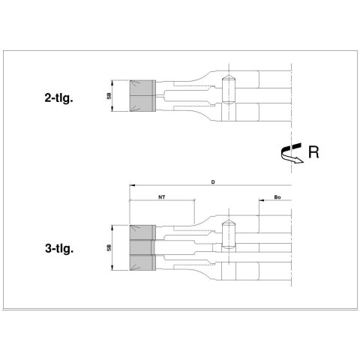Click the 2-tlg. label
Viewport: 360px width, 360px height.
click(59, 98)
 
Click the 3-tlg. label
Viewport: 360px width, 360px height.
click(59, 248)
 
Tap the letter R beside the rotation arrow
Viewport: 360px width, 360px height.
click(313, 152)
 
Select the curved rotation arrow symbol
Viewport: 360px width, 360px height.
click(291, 153)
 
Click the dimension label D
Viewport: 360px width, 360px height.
click(213, 182)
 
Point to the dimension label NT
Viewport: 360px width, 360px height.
click(162, 197)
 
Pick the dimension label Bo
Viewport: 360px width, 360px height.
click(277, 197)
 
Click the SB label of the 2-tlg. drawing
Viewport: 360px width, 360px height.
click(109, 96)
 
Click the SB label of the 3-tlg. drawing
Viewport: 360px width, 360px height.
click(109, 247)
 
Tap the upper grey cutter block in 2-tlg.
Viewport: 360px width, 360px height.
click(142, 88)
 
